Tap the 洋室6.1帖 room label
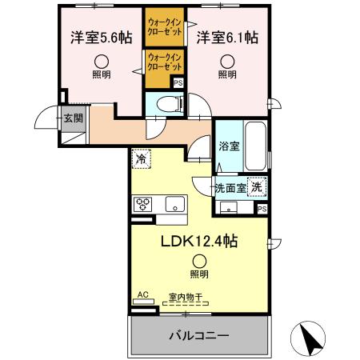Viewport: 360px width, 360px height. pyautogui.click(x=229, y=37)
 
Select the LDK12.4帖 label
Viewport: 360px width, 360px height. pyautogui.click(x=199, y=240)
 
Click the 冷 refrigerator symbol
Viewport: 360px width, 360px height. pyautogui.click(x=141, y=159)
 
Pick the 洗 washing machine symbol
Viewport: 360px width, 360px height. pyautogui.click(x=256, y=186)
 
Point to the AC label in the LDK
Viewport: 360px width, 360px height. pyautogui.click(x=143, y=294)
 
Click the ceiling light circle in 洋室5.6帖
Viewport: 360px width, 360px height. pyautogui.click(x=102, y=59)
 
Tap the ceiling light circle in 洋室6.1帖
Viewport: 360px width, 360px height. pyautogui.click(x=228, y=59)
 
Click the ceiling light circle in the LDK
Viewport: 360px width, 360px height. pyautogui.click(x=198, y=258)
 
